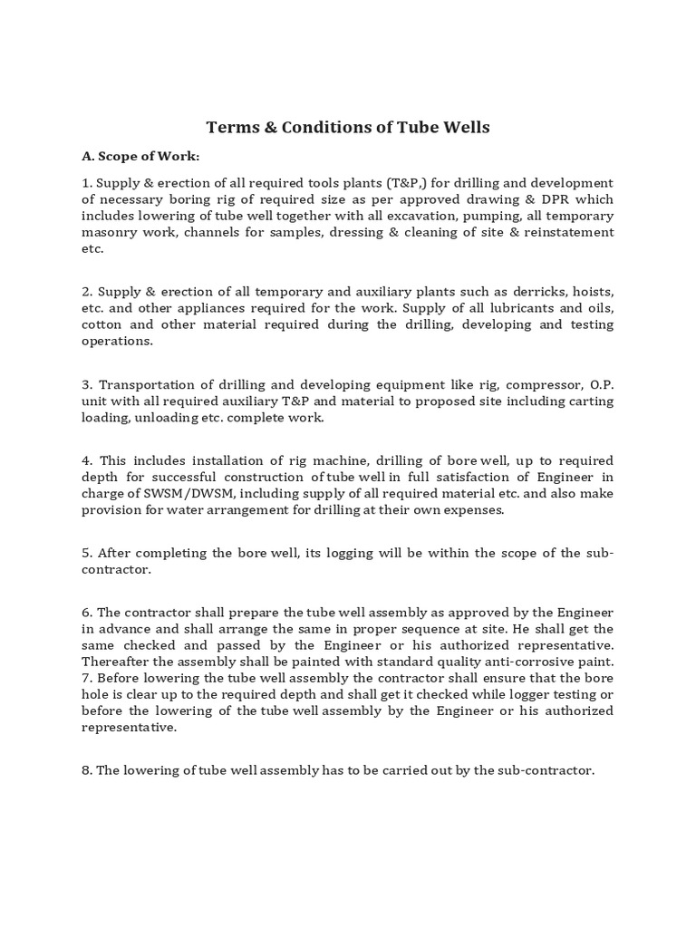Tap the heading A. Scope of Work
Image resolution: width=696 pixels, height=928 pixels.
140,157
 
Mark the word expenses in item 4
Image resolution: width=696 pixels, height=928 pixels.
472,510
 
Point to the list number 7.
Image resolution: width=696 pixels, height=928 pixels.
85,678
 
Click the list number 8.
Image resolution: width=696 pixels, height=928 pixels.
85,771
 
